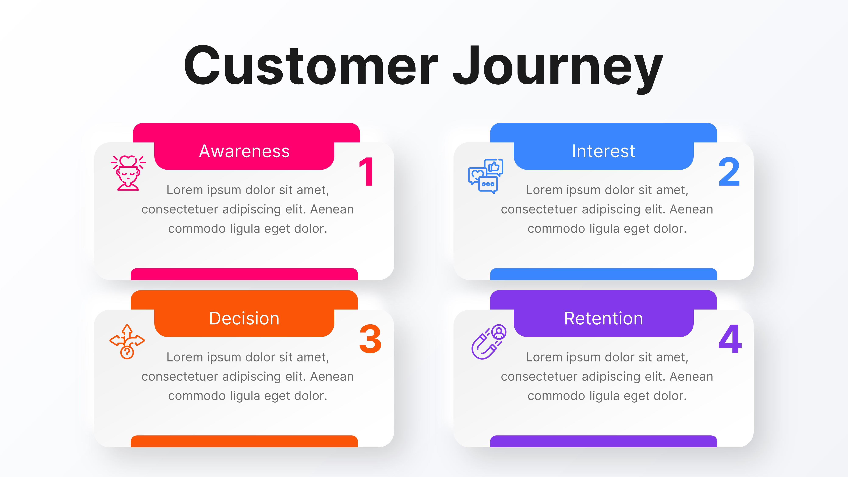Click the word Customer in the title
(311, 66)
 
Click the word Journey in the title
(558, 67)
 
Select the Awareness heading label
(244, 151)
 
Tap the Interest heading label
(603, 151)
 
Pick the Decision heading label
(244, 318)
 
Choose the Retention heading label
(603, 318)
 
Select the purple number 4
(730, 339)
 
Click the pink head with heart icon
(128, 173)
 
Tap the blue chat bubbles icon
(485, 176)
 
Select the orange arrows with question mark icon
(127, 342)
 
